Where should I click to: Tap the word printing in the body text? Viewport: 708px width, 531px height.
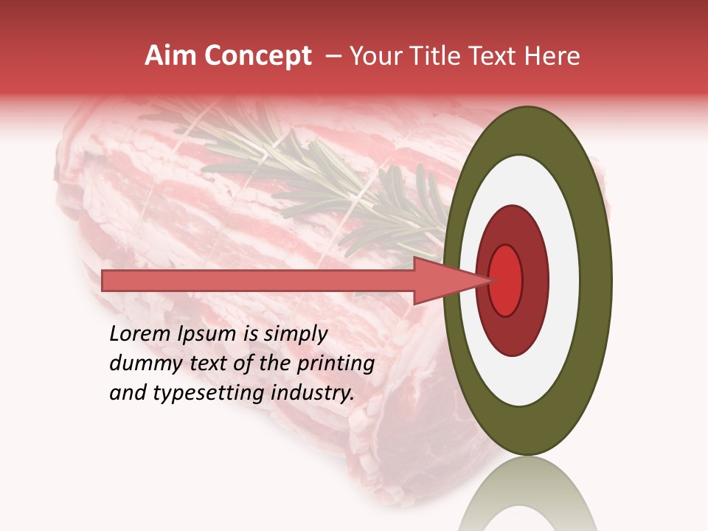click(335, 364)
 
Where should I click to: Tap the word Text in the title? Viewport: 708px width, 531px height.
click(495, 56)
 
